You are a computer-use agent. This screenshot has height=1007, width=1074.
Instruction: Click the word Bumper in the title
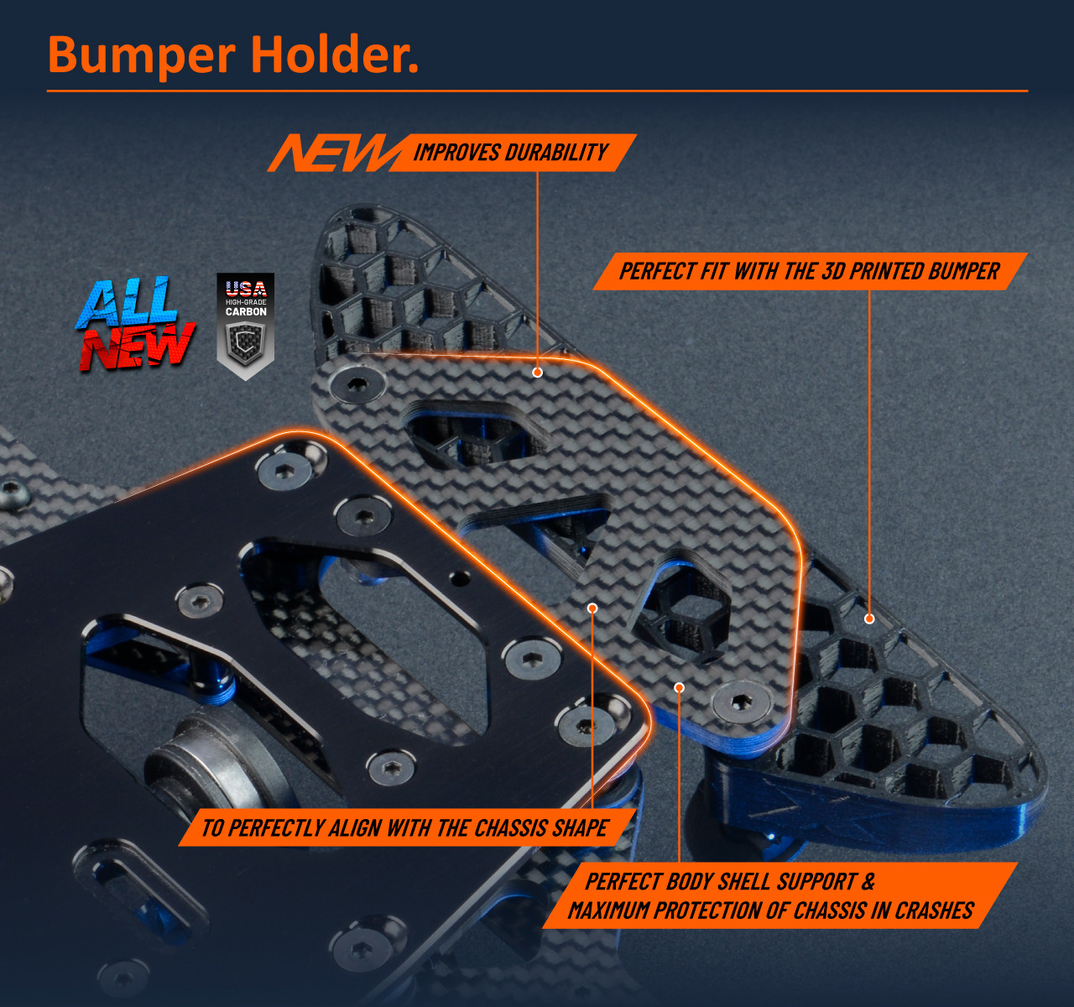click(141, 55)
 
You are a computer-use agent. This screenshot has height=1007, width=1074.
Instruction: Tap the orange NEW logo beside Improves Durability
click(332, 153)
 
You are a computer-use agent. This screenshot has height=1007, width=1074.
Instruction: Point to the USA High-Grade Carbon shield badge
click(245, 326)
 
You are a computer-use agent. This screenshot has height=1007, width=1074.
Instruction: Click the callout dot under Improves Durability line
click(538, 373)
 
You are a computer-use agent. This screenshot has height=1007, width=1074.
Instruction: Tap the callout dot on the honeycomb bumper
click(869, 619)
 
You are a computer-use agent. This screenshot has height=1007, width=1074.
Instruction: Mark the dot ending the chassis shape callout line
click(592, 608)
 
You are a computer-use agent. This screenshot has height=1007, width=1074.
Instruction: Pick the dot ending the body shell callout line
click(679, 688)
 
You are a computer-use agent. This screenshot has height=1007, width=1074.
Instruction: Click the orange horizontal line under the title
click(537, 91)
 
